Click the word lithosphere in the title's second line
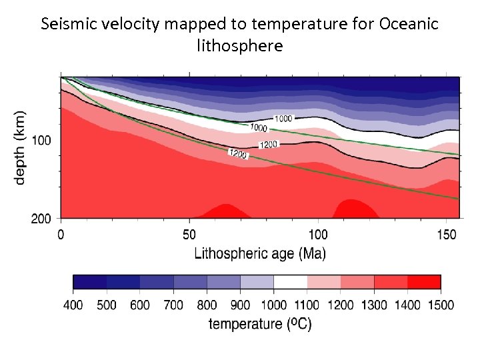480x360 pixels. [240, 46]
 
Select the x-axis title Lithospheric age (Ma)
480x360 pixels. [260, 253]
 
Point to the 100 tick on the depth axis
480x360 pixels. [41, 141]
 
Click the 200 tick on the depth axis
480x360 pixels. [41, 218]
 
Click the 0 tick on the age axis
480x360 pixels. [61, 235]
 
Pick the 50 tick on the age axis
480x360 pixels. [189, 235]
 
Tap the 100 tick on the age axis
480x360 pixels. [318, 235]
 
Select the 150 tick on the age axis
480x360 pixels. [447, 235]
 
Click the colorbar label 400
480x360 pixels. [73, 305]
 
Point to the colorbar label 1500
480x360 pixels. [440, 305]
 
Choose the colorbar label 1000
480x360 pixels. [273, 305]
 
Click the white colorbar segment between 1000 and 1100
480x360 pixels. [290, 282]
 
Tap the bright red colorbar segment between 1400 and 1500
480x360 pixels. [424, 282]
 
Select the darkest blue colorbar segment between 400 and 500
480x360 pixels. [89, 282]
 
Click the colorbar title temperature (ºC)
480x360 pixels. [260, 325]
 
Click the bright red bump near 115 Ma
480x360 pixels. [355, 209]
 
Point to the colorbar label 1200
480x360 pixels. [340, 305]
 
